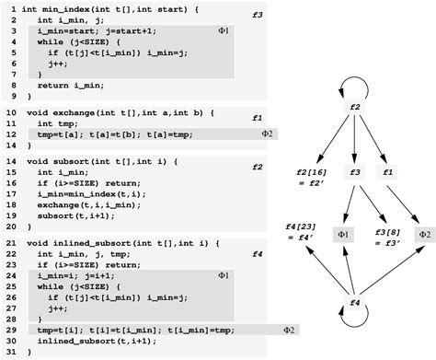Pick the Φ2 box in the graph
point(423,235)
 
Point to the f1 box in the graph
point(388,171)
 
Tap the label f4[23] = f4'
point(304,228)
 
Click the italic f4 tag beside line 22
point(258,251)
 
